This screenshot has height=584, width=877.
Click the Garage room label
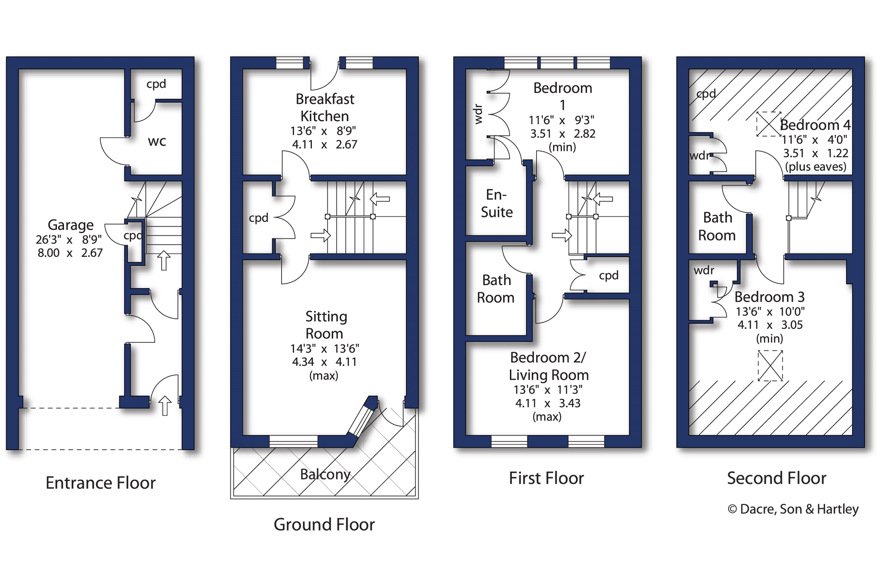point(71,225)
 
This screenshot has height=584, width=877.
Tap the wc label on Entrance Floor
point(157,141)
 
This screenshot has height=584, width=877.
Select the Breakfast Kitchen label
point(325,107)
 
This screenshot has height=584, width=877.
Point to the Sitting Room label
point(325,325)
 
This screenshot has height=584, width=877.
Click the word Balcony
point(325,474)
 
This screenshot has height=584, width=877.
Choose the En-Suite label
point(497,203)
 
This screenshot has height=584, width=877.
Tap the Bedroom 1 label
point(563,96)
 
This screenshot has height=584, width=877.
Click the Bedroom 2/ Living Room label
point(548,366)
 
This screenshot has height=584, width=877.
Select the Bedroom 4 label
point(815,124)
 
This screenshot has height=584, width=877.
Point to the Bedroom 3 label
point(769,297)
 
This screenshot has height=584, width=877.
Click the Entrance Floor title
point(100,483)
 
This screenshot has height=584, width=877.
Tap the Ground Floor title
point(324,524)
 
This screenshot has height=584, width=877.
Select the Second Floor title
point(776,478)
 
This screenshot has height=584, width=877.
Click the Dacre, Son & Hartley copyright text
point(793,509)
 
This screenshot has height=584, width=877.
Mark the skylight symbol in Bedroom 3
point(770,366)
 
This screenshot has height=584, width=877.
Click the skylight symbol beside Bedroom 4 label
point(769,124)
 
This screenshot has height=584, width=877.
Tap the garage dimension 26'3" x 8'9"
point(68,239)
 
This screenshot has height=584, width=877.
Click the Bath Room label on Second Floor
point(717,226)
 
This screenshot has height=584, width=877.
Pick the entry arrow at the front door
point(165,405)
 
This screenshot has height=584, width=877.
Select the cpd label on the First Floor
point(608,275)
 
